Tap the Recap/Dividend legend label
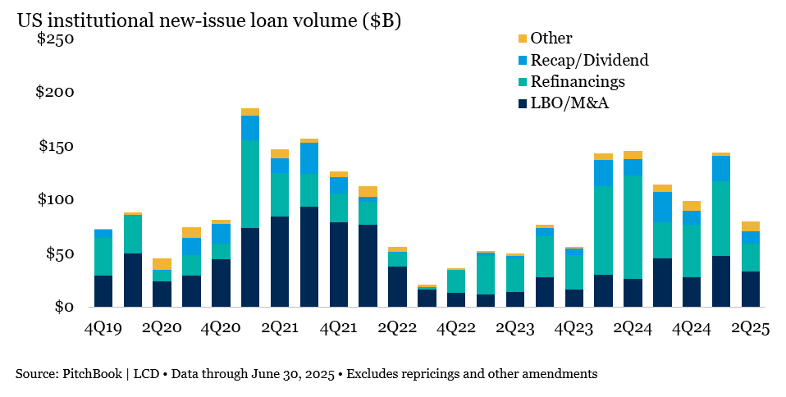point(589,60)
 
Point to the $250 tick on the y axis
point(55,39)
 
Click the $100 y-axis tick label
point(55,199)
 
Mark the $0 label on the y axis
point(62,307)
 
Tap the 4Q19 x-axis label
point(103,328)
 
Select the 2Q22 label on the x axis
point(397,328)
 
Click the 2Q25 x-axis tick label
point(750,328)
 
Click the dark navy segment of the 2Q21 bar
point(280,262)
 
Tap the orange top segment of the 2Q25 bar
point(750,226)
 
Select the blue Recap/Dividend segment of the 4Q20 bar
point(221,234)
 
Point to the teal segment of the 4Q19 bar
point(103,257)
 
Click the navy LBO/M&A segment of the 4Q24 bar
point(691,292)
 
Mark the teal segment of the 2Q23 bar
point(514,274)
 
